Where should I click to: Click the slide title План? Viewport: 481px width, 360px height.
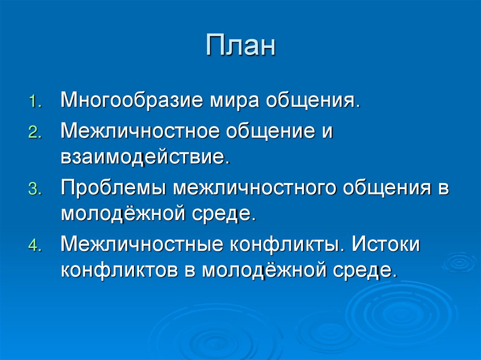[240, 46]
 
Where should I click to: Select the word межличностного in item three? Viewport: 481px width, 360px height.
[252, 189]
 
